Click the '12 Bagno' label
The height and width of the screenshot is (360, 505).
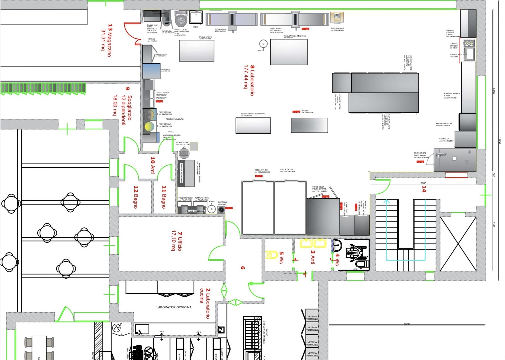tap(136, 197)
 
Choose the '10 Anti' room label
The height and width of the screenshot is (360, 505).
tap(153, 165)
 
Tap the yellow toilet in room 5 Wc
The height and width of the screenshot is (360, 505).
tap(272, 254)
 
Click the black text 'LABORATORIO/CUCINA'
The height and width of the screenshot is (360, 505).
tap(174, 307)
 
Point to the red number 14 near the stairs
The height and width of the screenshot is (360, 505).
tap(424, 189)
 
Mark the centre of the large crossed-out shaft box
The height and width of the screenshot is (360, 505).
tap(458, 244)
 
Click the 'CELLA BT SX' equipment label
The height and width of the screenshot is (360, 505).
tap(261, 170)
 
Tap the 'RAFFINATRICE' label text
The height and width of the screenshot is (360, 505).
tap(337, 28)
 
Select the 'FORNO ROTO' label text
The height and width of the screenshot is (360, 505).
tap(420, 153)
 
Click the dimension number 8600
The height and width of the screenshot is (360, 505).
tap(406, 324)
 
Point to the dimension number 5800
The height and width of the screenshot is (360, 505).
tap(423, 183)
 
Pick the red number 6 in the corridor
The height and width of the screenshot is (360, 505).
tap(243, 268)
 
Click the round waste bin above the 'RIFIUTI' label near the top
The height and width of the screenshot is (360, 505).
tap(263, 44)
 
